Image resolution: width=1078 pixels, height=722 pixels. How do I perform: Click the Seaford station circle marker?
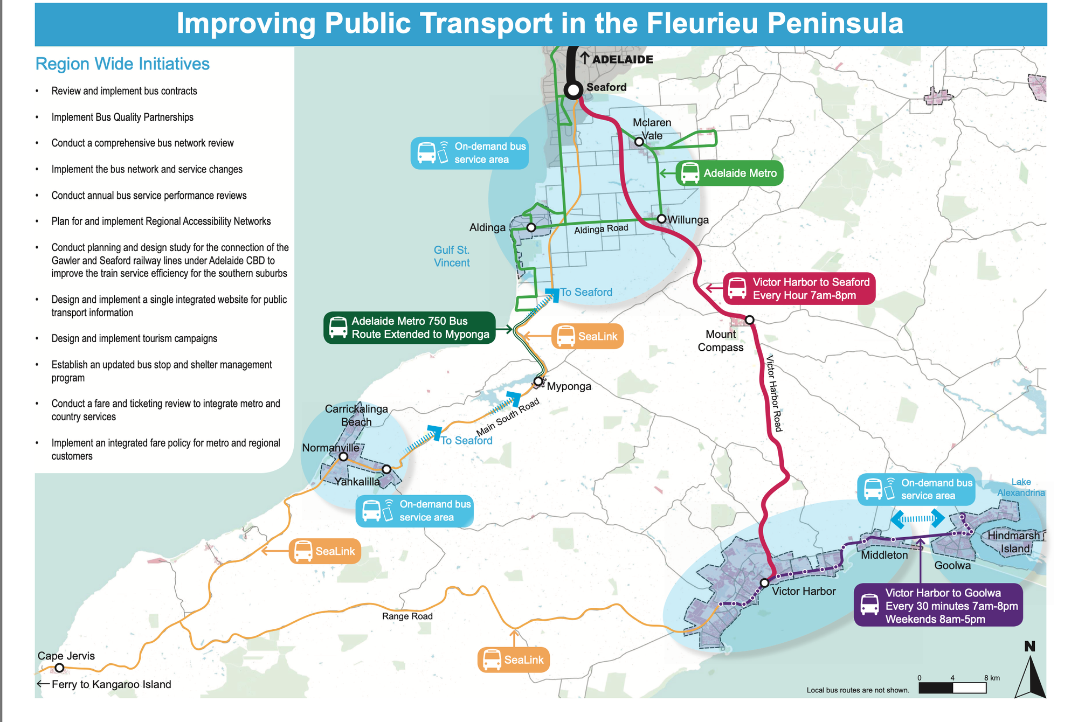[573, 90]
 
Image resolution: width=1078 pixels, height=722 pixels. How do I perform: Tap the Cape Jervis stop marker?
[60, 668]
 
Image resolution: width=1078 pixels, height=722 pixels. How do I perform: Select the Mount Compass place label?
[720, 341]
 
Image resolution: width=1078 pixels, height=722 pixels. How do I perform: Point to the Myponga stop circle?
[538, 381]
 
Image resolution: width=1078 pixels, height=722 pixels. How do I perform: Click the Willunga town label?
[688, 220]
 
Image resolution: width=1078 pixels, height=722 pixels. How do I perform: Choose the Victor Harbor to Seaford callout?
[799, 289]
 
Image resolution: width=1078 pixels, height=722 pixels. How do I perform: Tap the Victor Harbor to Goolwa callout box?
[938, 606]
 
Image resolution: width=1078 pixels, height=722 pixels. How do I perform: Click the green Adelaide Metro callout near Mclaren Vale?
[729, 173]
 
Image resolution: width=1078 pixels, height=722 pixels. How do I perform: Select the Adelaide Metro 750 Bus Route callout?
[410, 328]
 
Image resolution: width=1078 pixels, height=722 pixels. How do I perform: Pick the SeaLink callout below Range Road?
[514, 660]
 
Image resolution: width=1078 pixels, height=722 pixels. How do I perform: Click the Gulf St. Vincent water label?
[452, 256]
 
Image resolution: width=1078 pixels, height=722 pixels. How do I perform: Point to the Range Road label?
[407, 616]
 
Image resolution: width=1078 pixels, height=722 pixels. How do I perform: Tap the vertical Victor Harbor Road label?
[773, 393]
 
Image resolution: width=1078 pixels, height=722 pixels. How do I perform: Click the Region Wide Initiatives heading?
[122, 64]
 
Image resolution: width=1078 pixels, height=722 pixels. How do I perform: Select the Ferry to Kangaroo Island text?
[111, 684]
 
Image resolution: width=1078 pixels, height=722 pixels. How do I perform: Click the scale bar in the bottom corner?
[952, 688]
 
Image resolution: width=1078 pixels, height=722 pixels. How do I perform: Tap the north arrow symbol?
[1030, 672]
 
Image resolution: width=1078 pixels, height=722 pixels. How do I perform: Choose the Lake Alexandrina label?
[1021, 487]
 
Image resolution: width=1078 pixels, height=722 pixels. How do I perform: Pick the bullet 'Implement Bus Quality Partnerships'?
[122, 117]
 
